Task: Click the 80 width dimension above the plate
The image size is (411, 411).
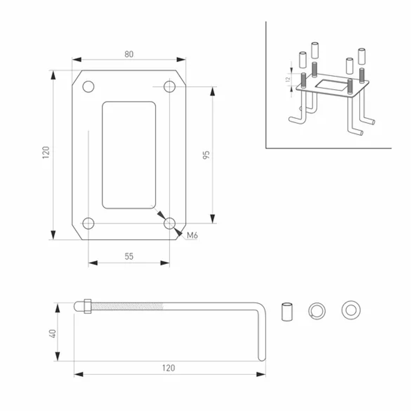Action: (x=129, y=54)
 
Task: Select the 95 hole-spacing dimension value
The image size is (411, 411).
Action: (x=206, y=155)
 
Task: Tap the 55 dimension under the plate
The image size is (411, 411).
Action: (x=129, y=256)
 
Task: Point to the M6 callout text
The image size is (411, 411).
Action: (x=192, y=236)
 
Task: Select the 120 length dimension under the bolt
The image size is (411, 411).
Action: (x=169, y=368)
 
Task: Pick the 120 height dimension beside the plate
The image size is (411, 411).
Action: (x=46, y=152)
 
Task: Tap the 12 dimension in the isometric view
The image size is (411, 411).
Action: (x=288, y=79)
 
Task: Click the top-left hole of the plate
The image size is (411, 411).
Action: (x=88, y=87)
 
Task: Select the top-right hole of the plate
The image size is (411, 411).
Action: (x=169, y=87)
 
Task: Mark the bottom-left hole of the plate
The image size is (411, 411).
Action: (x=88, y=224)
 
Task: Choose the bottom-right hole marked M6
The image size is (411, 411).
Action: (x=169, y=224)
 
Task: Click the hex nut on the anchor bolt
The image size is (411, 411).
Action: (x=87, y=306)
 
